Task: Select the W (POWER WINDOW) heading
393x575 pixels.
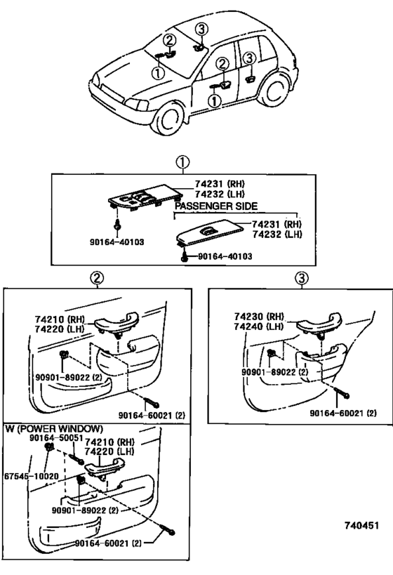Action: pos(53,428)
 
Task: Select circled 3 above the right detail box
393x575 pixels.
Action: pos(302,279)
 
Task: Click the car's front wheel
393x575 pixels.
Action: pos(171,118)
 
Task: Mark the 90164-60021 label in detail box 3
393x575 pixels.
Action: pos(342,412)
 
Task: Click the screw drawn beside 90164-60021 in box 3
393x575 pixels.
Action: pos(339,392)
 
